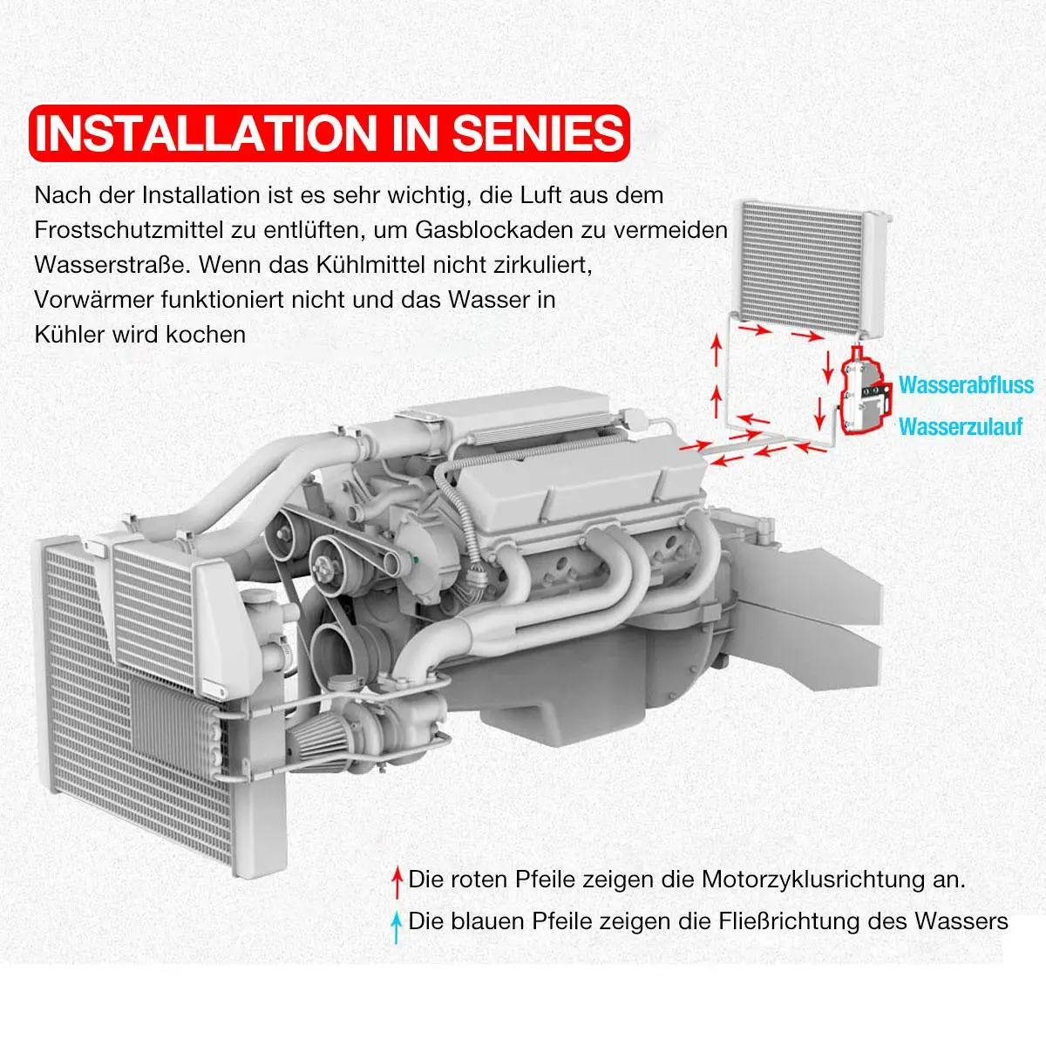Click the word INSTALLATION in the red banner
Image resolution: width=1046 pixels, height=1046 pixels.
(206, 134)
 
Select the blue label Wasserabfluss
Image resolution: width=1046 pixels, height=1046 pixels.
(966, 385)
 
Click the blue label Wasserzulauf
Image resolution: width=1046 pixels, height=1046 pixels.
(960, 427)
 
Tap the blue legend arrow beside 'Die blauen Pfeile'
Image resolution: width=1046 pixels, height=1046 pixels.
(397, 926)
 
